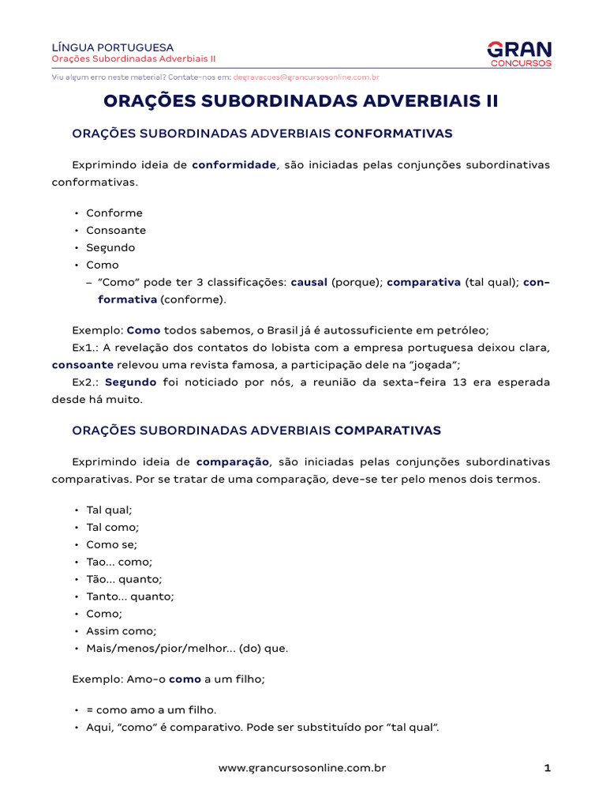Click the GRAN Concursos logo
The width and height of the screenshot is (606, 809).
(x=519, y=53)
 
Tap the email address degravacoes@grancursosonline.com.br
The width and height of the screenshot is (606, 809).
(x=306, y=77)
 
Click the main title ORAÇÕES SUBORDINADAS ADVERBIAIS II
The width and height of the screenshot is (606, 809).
(x=302, y=102)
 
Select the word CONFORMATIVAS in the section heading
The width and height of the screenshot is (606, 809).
(x=393, y=134)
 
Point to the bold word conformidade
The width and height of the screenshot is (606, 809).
(x=234, y=164)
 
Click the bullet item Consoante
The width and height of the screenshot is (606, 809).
(x=116, y=230)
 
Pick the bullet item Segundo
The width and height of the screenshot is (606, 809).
(x=110, y=247)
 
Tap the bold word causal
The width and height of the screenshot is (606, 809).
(x=309, y=282)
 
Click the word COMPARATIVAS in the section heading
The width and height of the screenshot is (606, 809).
(x=387, y=431)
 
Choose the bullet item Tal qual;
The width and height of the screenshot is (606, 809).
(x=109, y=510)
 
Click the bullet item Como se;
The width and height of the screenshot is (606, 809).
(x=111, y=544)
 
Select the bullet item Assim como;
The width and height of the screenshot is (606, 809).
(x=122, y=631)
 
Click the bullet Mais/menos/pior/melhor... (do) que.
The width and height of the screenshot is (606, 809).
(x=187, y=649)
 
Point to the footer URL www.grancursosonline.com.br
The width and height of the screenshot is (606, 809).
(x=302, y=767)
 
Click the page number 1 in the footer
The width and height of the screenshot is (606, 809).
(x=547, y=767)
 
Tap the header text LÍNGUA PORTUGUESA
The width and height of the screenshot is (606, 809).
(x=112, y=47)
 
